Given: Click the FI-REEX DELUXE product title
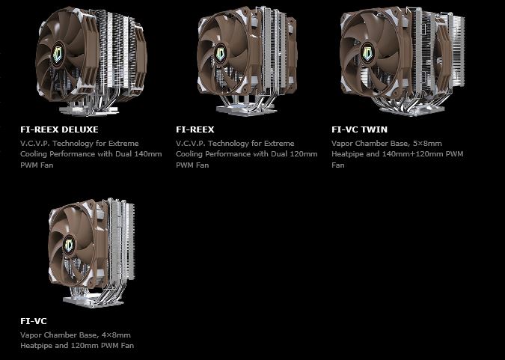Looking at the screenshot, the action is point(59,129).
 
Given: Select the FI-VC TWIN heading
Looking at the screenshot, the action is point(359,129).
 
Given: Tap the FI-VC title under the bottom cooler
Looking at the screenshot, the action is point(34,321).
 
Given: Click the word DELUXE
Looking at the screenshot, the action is point(80,129).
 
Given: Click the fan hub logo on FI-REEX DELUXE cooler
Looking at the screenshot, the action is point(58,55).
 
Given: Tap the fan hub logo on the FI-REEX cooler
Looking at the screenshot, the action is point(220,53).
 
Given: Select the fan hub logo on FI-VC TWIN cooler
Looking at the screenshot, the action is point(368,53).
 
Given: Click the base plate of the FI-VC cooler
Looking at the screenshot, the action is point(93,302).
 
